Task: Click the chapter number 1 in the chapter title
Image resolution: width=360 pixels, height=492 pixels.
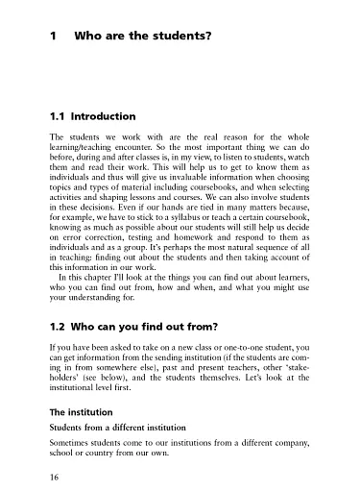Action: [52, 38]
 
